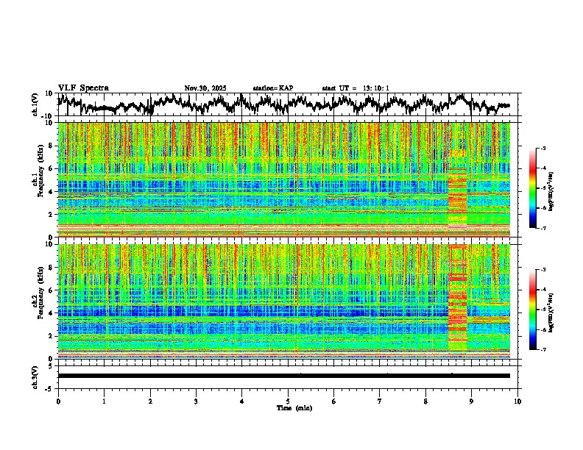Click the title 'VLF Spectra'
83,88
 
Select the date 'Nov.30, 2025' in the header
205,88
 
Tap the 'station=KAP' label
273,88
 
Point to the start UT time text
356,88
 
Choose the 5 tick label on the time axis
288,401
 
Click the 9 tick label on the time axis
472,401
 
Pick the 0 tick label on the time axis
58,401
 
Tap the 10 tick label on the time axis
517,401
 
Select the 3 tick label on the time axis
196,401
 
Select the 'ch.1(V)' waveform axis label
35,104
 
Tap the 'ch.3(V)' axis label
35,376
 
